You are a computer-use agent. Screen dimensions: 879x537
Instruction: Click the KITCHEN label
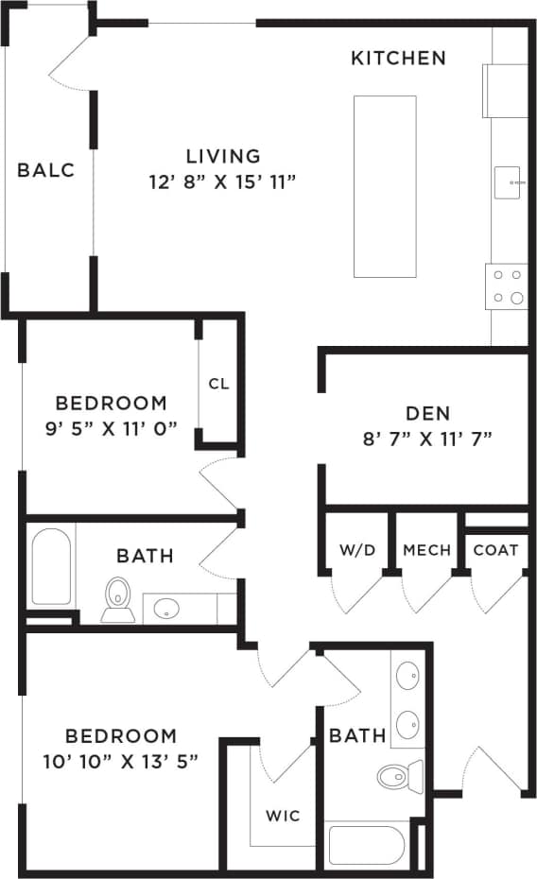(398, 59)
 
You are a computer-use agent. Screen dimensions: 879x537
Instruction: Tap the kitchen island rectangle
(385, 186)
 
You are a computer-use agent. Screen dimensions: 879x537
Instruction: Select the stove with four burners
(506, 286)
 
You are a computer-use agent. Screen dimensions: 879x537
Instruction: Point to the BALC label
(45, 171)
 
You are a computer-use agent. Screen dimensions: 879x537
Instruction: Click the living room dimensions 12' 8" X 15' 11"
(223, 181)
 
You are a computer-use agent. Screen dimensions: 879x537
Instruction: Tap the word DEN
(427, 413)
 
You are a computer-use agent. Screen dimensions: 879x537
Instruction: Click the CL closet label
(218, 384)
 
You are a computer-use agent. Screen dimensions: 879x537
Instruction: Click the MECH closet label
(426, 550)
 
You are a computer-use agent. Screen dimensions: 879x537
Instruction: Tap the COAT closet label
(495, 550)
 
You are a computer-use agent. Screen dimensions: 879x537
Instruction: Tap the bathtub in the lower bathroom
(366, 845)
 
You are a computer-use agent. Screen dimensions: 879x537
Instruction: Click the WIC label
(283, 815)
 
